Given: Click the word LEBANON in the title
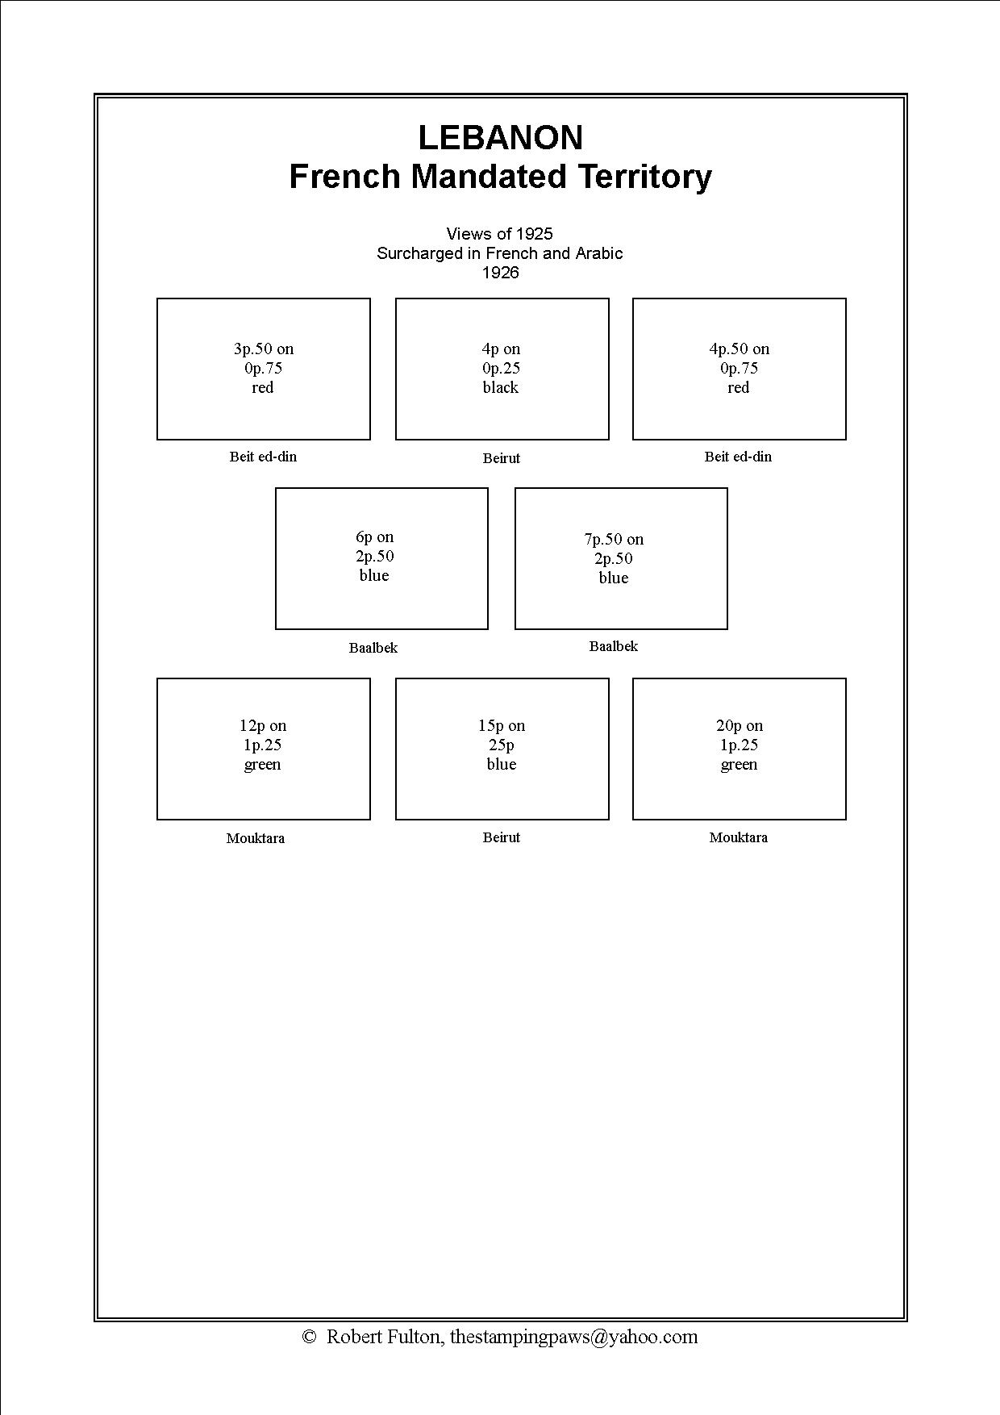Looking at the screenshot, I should coord(500,138).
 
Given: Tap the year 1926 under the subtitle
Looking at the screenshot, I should coord(500,273).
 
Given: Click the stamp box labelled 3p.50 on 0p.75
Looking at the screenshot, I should coord(264,369).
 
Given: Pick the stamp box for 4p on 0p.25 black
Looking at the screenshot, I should coord(502,369).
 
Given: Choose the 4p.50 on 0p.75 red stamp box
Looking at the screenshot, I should coord(739,369).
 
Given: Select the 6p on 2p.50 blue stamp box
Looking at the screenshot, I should coord(381,558).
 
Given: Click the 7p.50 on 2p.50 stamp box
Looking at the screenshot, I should coord(621,558).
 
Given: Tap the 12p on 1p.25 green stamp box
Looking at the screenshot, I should coord(264,749).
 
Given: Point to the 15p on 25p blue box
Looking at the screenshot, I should coord(502,749).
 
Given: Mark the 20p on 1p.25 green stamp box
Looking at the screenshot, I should coord(739,749).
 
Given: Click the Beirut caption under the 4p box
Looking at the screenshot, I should coord(502,458).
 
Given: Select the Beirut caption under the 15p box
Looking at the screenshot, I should coord(502,837).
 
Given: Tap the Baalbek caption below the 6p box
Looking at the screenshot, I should coord(373,648).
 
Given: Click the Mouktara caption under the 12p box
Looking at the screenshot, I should coord(256,838).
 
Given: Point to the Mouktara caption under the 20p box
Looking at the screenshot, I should coord(739,837).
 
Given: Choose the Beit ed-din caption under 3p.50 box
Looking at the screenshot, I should coord(264,457).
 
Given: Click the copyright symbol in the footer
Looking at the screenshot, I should coord(309,1337).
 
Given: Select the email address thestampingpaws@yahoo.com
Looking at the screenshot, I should coord(573,1337).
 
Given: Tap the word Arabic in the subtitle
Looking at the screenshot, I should coord(598,253).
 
